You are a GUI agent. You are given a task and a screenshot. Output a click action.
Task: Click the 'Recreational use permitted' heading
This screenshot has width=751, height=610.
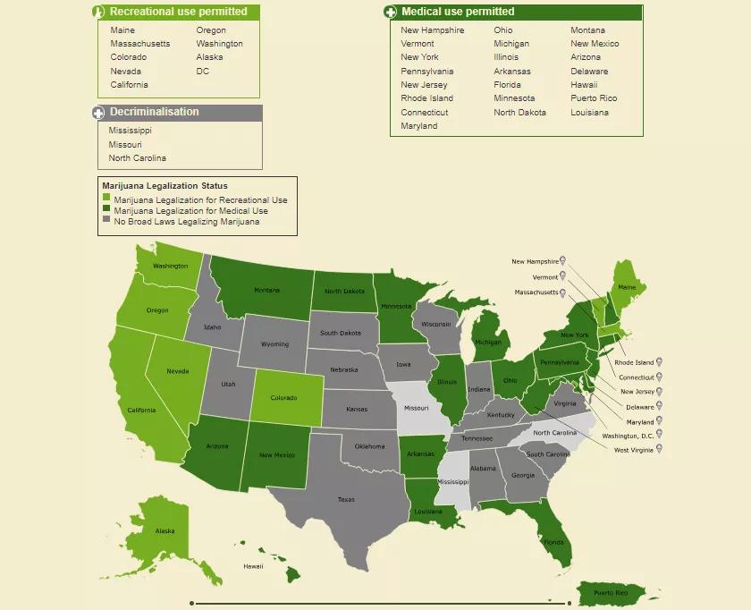point(178,12)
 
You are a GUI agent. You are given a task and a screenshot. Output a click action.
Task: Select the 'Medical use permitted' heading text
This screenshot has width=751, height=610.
point(458,12)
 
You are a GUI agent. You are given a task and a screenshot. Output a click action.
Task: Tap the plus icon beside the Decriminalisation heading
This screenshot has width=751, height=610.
point(99,113)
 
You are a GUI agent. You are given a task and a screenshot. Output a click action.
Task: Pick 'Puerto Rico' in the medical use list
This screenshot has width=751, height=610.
point(594,98)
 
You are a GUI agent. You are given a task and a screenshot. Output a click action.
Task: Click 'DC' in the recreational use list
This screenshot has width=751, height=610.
point(203,72)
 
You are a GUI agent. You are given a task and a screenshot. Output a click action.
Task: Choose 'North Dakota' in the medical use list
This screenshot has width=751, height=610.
point(519,113)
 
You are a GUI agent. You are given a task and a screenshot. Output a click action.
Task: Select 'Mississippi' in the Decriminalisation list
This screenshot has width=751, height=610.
point(131,131)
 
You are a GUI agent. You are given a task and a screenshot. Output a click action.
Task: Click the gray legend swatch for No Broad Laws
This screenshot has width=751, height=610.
point(107,220)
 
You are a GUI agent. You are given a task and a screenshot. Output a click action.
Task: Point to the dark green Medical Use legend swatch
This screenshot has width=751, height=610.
point(107,210)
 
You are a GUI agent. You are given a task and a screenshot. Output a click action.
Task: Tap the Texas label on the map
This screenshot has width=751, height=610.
point(346,500)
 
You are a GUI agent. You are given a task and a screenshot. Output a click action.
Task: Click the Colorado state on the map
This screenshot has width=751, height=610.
point(283,398)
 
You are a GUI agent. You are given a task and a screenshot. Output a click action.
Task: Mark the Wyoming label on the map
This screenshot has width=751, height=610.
point(274,344)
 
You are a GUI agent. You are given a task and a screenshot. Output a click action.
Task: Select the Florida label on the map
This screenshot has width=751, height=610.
point(554,542)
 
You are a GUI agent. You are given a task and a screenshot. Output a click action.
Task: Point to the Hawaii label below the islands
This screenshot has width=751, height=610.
point(253,566)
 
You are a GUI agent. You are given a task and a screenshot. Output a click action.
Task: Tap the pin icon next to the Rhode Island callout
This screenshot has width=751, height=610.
point(660,362)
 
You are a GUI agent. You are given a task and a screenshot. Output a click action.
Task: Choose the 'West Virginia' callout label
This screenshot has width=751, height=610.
point(633,450)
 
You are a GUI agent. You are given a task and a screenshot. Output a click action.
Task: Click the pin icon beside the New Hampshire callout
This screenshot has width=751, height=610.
point(563,262)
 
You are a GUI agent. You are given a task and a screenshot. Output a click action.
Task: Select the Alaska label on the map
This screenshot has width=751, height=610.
point(165,531)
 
